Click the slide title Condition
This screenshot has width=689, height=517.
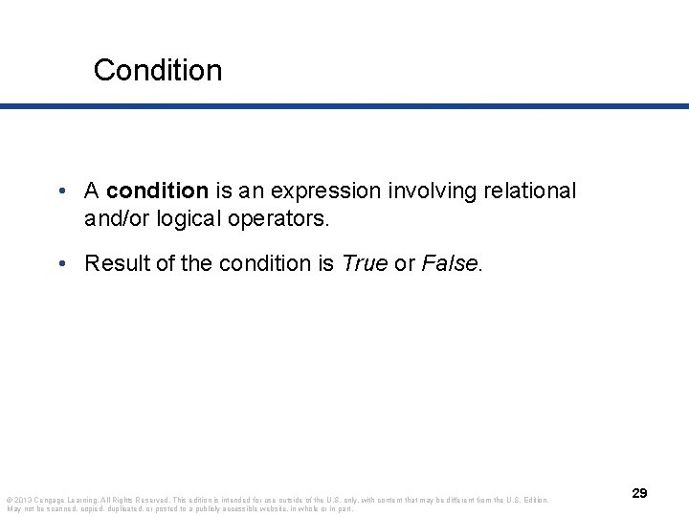click(158, 70)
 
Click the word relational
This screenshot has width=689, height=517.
click(529, 191)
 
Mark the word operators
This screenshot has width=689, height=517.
click(282, 218)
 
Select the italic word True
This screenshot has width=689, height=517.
click(364, 263)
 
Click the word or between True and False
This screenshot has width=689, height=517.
click(405, 263)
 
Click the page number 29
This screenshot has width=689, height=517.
click(639, 493)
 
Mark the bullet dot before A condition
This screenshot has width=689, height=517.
click(61, 191)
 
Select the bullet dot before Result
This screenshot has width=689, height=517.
click(61, 263)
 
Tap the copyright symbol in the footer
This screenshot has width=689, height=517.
click(9, 500)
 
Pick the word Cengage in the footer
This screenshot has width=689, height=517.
click(50, 500)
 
